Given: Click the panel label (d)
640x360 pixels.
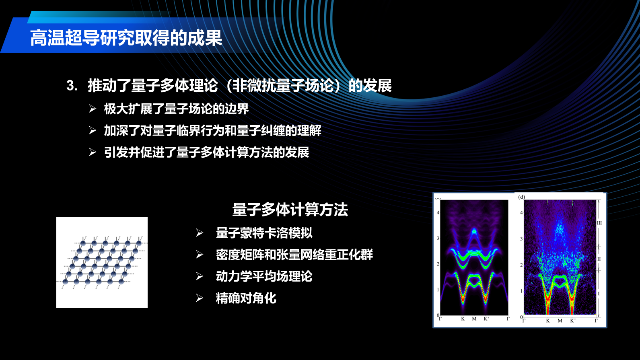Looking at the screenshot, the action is click(x=522, y=197).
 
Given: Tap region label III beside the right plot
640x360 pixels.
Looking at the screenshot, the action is click(x=599, y=223).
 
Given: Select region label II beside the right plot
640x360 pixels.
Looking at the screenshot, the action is click(x=599, y=259).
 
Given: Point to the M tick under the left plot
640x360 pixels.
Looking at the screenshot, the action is click(x=474, y=319).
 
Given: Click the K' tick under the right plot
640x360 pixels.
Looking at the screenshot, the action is click(x=573, y=321).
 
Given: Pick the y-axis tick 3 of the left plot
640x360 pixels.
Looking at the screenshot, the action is click(x=438, y=238).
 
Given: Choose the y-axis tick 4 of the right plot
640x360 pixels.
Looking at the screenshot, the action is click(x=521, y=212).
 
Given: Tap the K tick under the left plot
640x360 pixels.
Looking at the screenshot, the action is click(x=463, y=319).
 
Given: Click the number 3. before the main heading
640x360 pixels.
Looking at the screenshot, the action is click(x=72, y=85).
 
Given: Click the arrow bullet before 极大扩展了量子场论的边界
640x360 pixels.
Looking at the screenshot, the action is click(x=92, y=109).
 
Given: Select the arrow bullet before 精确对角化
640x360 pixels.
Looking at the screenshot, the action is click(x=200, y=298).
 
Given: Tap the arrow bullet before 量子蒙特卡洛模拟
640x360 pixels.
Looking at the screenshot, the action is click(x=200, y=233).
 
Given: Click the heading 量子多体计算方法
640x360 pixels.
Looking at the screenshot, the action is click(x=290, y=210).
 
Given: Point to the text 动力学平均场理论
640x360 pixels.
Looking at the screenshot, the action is click(x=264, y=276).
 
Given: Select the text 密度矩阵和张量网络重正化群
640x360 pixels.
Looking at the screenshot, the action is click(x=294, y=255).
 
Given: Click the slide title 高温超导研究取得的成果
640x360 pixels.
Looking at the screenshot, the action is click(x=126, y=38).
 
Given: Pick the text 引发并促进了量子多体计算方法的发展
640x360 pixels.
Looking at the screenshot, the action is click(x=207, y=152).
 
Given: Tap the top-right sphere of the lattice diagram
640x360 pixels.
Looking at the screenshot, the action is click(x=139, y=243).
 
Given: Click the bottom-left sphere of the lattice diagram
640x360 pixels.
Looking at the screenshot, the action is click(x=65, y=282).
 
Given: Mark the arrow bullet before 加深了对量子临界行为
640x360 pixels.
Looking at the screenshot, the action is click(x=92, y=131).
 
